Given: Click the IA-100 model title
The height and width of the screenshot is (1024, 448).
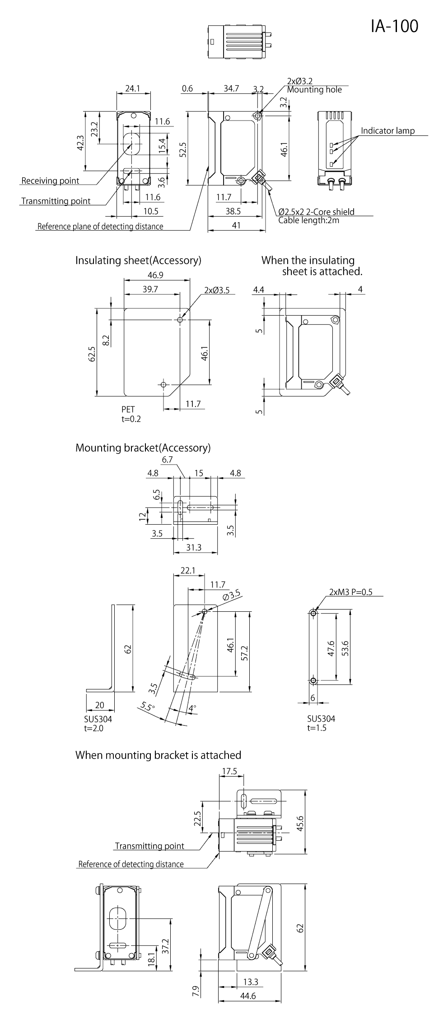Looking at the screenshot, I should (394, 26).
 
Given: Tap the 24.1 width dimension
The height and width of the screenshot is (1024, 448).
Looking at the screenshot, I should (132, 88).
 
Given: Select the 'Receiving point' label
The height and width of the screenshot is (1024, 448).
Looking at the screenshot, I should (50, 181).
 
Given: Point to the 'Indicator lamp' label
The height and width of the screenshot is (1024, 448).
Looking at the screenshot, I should (387, 131).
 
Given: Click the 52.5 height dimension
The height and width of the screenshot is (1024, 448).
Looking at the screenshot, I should (183, 149).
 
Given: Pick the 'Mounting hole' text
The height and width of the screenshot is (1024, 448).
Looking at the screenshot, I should (314, 90).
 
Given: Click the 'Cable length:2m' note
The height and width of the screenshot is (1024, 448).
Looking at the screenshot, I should (308, 220).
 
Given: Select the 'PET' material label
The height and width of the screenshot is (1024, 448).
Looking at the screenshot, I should (128, 410).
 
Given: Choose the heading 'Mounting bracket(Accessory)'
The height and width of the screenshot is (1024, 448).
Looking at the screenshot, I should (143, 448).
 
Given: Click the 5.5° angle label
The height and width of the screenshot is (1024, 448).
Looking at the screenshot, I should (147, 706).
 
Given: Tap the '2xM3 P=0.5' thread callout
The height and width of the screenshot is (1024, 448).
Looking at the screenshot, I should (350, 592).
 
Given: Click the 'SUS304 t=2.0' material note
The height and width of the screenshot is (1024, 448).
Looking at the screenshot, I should (98, 723).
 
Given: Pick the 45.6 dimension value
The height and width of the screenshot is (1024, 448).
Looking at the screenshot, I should (300, 823).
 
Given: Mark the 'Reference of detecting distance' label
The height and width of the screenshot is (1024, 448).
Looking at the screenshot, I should (131, 864).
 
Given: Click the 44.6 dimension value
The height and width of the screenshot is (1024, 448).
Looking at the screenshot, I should (248, 1008).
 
